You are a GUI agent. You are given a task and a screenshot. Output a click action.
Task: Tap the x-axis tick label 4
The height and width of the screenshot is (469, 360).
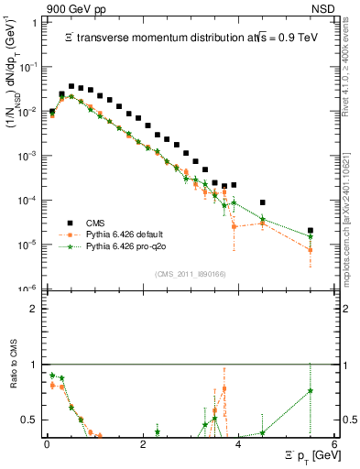pyautogui.click(x=238, y=444)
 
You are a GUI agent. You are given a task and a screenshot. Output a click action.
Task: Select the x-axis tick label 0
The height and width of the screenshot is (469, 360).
pyautogui.click(x=46, y=444)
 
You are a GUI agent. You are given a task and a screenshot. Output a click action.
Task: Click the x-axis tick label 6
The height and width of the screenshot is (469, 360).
pyautogui.click(x=334, y=444)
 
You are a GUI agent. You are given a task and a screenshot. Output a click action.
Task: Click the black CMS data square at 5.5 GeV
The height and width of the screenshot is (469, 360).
pyautogui.click(x=311, y=231)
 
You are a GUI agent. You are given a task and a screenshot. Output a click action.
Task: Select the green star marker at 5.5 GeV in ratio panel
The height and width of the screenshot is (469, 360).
pyautogui.click(x=311, y=391)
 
